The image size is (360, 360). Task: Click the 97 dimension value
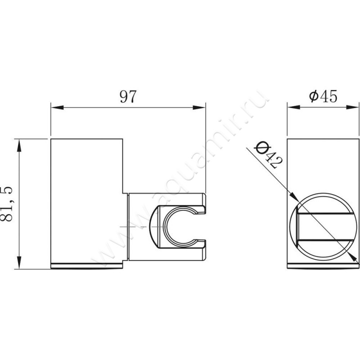click(128, 97)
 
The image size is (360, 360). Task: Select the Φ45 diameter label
click(323, 96)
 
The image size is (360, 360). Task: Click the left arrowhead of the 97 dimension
click(57, 108)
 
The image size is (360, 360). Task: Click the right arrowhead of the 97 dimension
click(199, 108)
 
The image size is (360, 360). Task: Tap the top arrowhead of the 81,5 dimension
click(19, 145)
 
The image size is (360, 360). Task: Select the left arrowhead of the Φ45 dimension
click(294, 107)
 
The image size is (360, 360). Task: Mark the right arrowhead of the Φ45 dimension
click(352, 107)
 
